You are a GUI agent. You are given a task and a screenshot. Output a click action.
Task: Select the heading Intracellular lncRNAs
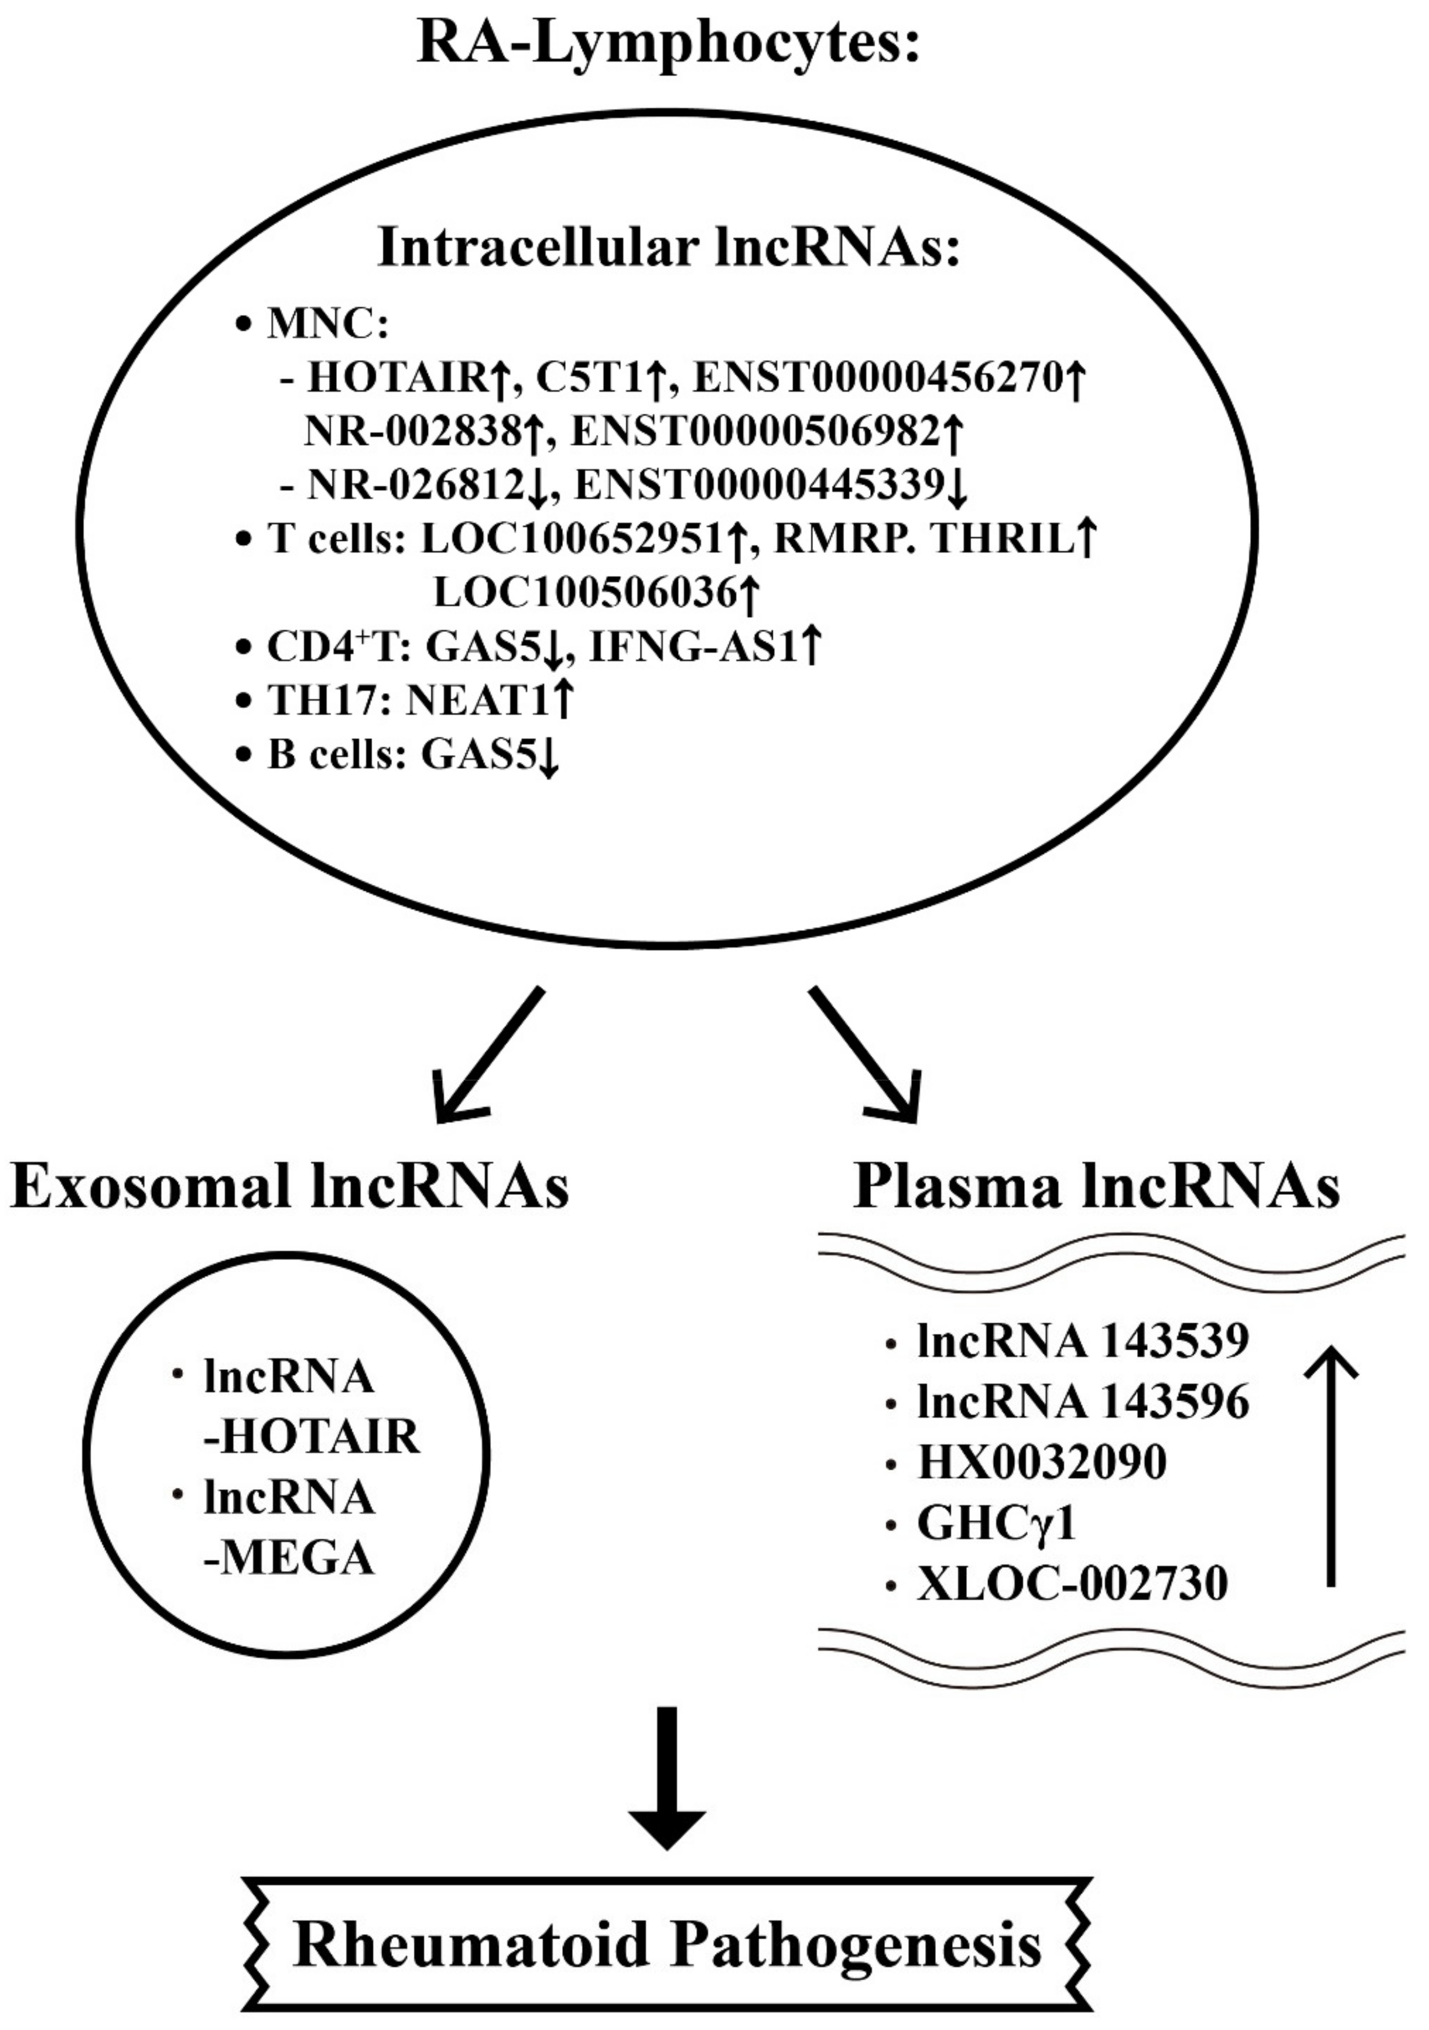click(668, 248)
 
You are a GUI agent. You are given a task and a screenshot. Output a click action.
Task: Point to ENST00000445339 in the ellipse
click(758, 485)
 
